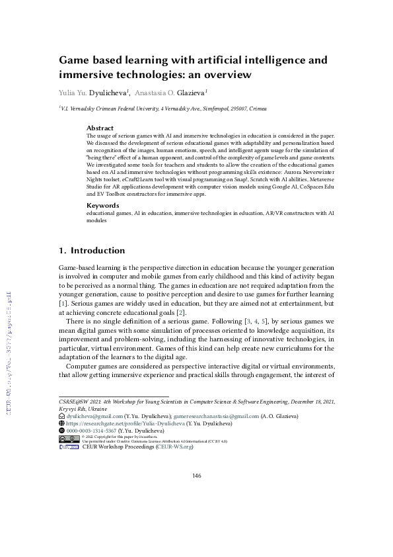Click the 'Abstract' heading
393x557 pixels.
point(100,128)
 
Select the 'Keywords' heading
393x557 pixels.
point(103,205)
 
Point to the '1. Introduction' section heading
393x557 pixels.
point(92,251)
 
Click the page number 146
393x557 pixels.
point(196,476)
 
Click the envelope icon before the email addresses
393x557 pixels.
point(62,416)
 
